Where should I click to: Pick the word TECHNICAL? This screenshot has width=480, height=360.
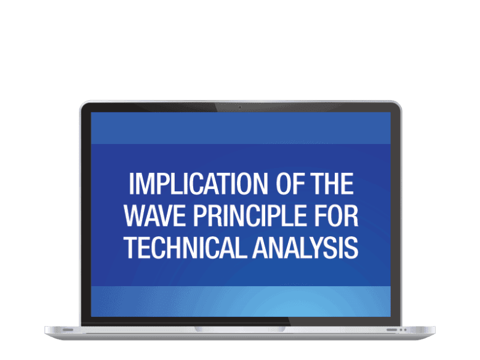tap(185, 247)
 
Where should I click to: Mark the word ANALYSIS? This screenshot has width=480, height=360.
tap(305, 247)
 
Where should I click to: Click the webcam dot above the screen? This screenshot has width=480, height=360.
tap(240, 107)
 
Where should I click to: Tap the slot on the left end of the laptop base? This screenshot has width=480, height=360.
tap(68, 330)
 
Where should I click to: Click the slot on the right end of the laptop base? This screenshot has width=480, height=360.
tap(391, 330)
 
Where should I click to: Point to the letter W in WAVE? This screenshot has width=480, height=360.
tap(135, 215)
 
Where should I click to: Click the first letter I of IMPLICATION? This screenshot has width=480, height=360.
tap(131, 183)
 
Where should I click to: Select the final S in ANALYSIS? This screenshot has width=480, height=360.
tap(352, 247)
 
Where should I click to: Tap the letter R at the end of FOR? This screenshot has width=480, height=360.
tap(351, 215)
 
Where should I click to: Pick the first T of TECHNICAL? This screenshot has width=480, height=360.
tap(130, 247)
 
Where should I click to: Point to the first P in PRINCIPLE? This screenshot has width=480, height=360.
tap(199, 215)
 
